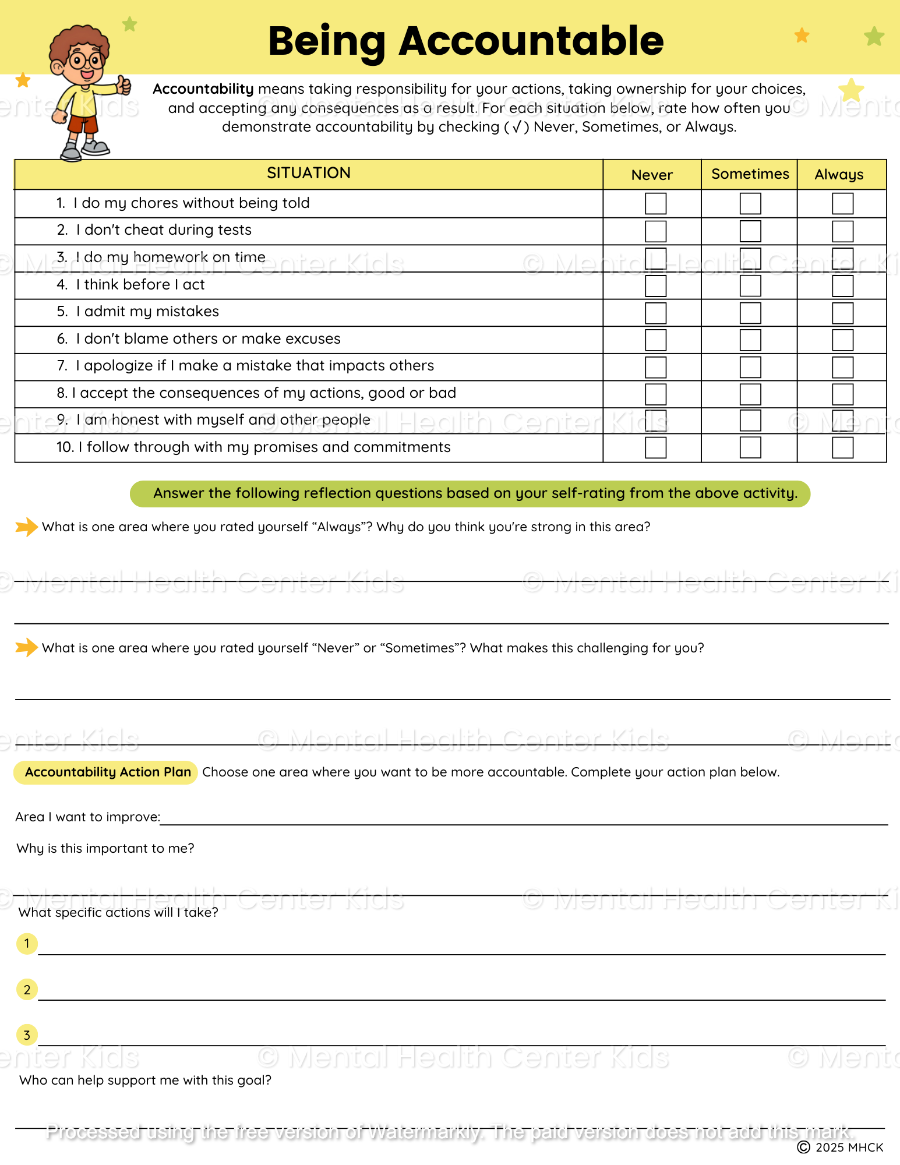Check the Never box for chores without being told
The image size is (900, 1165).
click(x=655, y=204)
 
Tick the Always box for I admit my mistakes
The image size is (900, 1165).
click(x=842, y=313)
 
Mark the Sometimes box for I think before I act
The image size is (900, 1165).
click(x=750, y=285)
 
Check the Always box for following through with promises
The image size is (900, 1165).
click(x=842, y=447)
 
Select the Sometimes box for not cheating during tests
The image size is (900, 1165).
click(x=750, y=231)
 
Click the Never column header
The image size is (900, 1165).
click(x=652, y=175)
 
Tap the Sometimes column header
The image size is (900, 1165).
click(x=750, y=174)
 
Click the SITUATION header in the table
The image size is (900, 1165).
click(x=308, y=173)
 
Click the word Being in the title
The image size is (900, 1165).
click(x=327, y=41)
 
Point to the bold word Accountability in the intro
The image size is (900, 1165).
click(x=203, y=89)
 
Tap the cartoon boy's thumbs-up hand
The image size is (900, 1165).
click(x=123, y=86)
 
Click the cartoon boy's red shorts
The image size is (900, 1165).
click(x=83, y=125)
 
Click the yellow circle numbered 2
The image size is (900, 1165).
click(x=27, y=989)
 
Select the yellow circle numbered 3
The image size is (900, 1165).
click(x=27, y=1035)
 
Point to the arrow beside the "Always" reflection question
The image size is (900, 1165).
click(x=26, y=527)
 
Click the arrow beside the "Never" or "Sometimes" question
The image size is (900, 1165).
click(x=26, y=647)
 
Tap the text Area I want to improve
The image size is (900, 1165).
click(x=87, y=817)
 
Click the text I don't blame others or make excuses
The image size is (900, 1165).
click(x=207, y=339)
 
